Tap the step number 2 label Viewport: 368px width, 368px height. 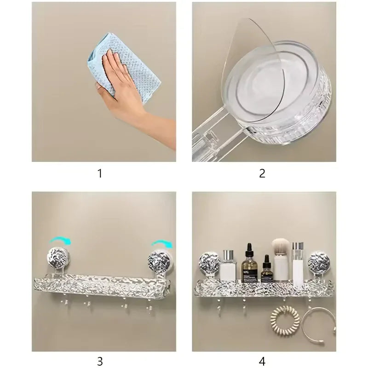point(262,173)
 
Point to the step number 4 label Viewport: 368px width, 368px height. point(262,361)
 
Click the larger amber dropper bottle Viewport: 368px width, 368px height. point(249,264)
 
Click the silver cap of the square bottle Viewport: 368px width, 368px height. point(229,255)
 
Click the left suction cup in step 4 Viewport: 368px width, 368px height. point(209,262)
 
